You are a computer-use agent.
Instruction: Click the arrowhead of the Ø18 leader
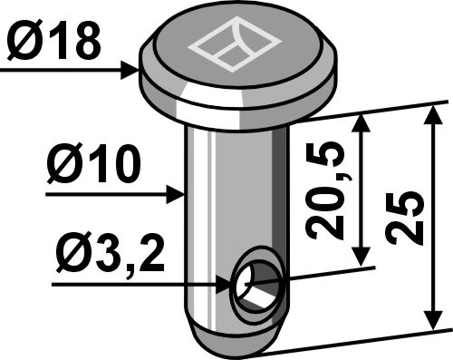click(x=132, y=67)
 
